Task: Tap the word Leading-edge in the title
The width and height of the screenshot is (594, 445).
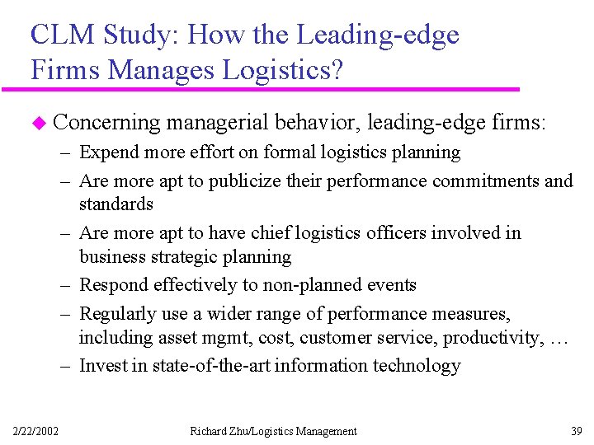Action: tap(377, 35)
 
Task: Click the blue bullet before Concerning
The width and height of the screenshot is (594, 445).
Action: tap(35, 124)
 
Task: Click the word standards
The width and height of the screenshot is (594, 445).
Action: tap(116, 204)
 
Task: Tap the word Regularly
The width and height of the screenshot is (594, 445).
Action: tap(116, 314)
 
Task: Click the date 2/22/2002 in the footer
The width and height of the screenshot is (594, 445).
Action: tap(35, 431)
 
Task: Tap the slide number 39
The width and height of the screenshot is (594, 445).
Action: tap(575, 431)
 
